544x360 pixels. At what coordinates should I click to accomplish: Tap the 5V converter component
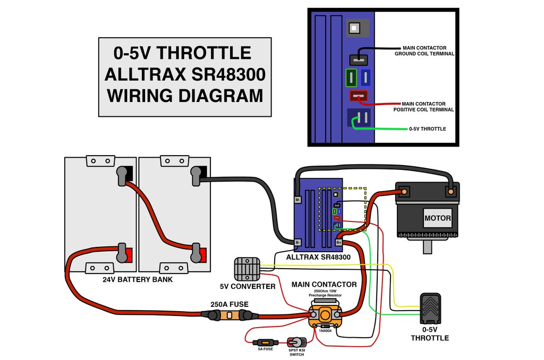[247, 269]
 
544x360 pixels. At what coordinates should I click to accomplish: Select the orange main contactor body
[324, 316]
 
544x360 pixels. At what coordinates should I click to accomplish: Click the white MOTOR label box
[438, 218]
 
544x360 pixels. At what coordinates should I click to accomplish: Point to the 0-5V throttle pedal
[430, 308]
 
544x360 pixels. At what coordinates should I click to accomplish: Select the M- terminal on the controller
[298, 200]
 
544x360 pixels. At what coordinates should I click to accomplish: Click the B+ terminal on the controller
[339, 243]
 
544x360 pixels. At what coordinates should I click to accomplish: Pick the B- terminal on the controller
[298, 243]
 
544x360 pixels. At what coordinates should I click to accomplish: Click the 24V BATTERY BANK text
[138, 279]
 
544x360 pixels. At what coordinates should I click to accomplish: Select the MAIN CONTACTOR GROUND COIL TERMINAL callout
[424, 51]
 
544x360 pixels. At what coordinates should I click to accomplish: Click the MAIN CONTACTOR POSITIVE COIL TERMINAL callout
[423, 107]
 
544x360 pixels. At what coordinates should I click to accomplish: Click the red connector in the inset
[358, 97]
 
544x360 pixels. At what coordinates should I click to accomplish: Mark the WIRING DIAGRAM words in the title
[185, 96]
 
